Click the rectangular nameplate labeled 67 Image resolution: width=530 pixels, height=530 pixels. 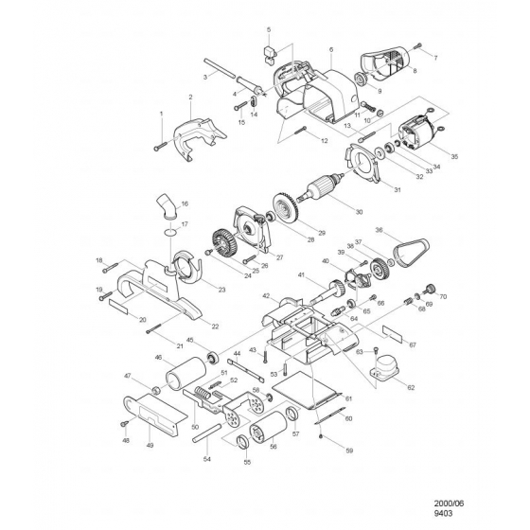point(391,334)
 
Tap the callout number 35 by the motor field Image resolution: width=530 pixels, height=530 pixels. point(454,157)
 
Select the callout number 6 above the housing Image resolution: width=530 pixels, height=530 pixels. point(331,49)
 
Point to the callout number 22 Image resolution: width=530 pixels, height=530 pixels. point(216,326)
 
